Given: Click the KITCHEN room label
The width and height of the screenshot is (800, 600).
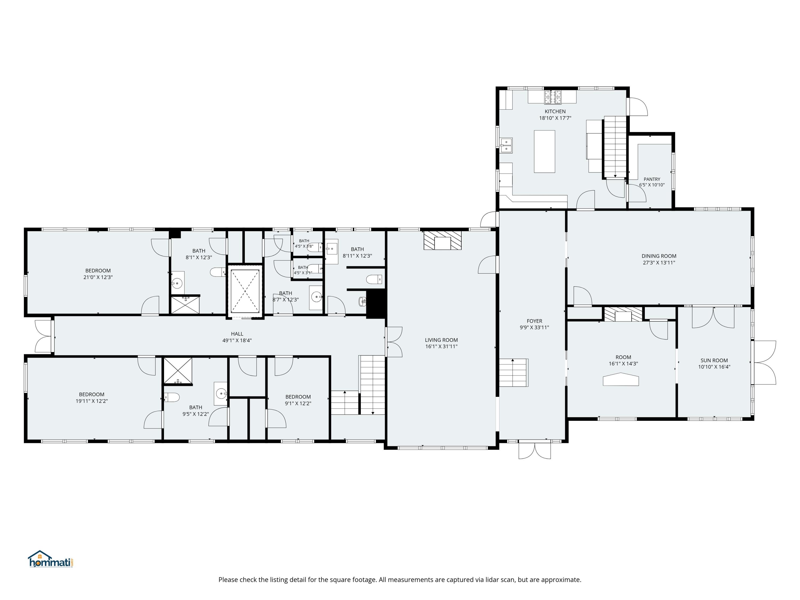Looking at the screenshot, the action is coord(555,111).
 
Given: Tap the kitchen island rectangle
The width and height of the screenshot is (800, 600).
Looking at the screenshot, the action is coord(544,151).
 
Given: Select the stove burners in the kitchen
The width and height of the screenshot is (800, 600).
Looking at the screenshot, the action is coord(553,97).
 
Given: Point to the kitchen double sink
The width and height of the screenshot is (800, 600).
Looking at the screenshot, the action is coord(506,145).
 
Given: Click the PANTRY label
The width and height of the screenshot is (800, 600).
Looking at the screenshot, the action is coord(652,179).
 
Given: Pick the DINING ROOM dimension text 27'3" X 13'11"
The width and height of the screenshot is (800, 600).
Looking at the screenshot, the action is coord(659,263).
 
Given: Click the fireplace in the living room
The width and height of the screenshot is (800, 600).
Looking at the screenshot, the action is coord(443,240).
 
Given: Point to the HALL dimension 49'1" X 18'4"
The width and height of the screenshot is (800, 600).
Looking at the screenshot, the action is coord(237,340).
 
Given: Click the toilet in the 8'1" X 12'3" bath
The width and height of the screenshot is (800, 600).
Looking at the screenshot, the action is coord(218,272).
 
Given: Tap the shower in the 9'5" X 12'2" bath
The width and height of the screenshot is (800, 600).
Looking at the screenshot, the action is coord(178,371).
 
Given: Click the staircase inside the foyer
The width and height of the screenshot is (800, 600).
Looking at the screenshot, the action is coord(514,373).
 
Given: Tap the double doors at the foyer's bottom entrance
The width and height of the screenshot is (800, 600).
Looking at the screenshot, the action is coord(535,450).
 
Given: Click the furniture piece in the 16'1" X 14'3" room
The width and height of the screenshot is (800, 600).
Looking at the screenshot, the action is coord(621,381).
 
